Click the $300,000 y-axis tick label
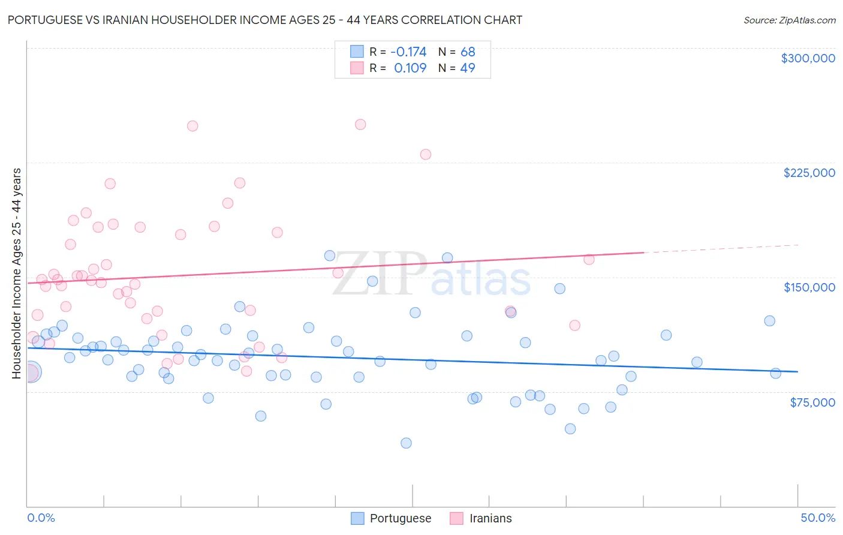tap(808, 58)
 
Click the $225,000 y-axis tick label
tap(809, 173)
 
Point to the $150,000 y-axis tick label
tap(809, 287)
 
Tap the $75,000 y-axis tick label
tap(812, 402)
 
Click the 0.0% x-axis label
tap(41, 518)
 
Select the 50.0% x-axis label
tap(818, 518)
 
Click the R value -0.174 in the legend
tap(408, 52)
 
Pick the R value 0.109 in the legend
tap(410, 68)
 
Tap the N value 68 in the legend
tap(468, 52)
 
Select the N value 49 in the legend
tap(468, 68)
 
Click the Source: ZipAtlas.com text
tap(789, 20)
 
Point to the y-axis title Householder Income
tap(16, 273)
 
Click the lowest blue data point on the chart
tap(406, 443)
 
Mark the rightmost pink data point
tap(589, 259)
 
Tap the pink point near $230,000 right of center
tap(426, 154)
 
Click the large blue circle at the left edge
tap(31, 372)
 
